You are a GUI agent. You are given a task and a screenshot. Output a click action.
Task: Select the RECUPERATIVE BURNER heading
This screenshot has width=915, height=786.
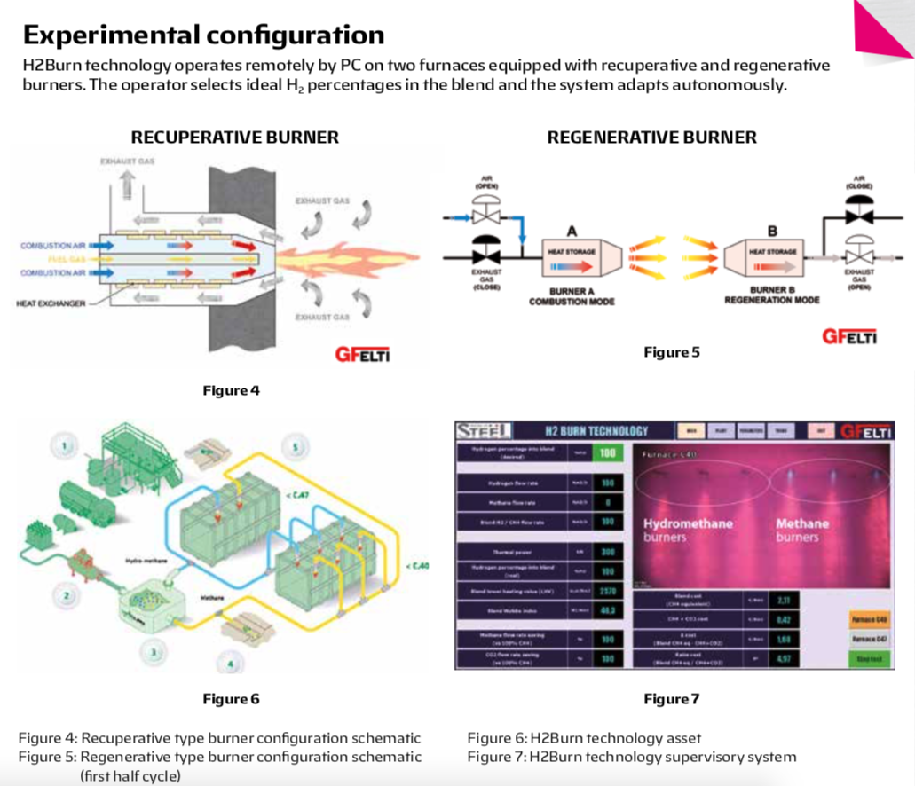point(235,138)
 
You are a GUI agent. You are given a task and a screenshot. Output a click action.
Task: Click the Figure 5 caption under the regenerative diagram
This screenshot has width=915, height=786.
point(672,352)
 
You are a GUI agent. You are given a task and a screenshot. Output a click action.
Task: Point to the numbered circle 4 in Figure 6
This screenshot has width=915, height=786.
point(231,662)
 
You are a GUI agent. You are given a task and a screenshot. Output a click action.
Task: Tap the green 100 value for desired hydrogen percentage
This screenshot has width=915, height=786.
point(606,453)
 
